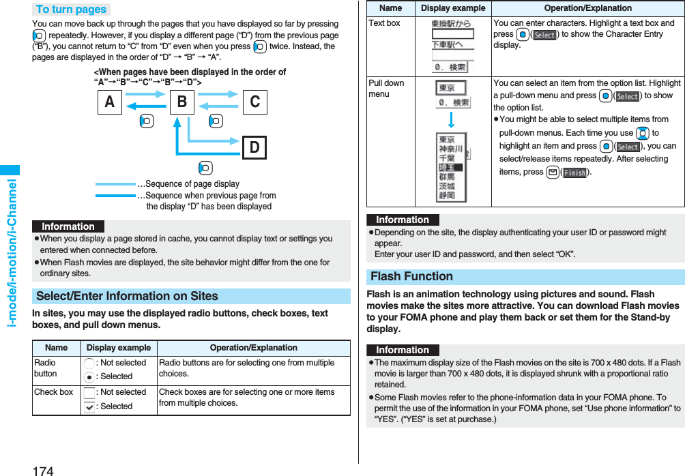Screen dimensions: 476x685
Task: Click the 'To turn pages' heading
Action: coord(71,10)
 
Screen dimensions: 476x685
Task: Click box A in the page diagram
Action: coord(110,102)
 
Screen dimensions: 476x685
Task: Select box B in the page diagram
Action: coord(181,102)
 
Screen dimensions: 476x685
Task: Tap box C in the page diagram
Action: coord(254,102)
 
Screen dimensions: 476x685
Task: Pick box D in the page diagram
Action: coord(254,147)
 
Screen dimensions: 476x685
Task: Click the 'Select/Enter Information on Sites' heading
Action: coord(127,296)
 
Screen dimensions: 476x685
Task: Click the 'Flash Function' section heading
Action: coord(411,276)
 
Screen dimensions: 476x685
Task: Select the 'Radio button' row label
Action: coord(46,368)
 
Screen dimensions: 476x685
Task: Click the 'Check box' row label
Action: coord(53,392)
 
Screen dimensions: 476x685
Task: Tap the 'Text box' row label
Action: coord(384,23)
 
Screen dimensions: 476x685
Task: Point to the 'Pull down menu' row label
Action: coord(386,89)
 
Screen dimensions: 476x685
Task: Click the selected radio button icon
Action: coord(89,376)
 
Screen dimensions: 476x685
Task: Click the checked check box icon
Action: coord(89,406)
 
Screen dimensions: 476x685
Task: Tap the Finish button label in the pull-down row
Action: coord(574,173)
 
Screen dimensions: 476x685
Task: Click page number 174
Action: coord(42,470)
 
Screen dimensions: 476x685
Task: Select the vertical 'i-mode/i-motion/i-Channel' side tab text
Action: coord(11,252)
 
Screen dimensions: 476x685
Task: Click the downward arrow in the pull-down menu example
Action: coord(452,121)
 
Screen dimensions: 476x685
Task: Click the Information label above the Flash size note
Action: coord(403,350)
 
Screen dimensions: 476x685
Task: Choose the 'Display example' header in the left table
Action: coord(119,348)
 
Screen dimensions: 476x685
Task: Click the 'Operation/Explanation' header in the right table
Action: coord(587,8)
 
